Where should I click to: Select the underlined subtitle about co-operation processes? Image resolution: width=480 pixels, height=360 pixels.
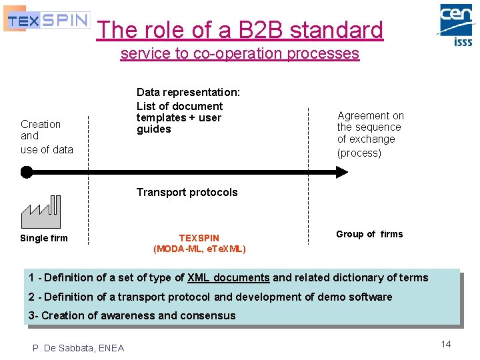[239, 54]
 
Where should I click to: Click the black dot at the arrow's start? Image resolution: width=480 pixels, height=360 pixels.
[26, 172]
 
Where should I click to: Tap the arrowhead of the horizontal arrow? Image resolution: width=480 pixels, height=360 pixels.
[341, 172]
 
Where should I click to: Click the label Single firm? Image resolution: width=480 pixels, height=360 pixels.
[44, 238]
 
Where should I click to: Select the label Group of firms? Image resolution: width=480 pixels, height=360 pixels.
[369, 234]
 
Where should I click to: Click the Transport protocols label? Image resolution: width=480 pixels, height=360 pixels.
[187, 192]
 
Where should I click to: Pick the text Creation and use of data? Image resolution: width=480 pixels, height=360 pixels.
[47, 137]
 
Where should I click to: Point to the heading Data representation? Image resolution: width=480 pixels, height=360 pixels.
[188, 92]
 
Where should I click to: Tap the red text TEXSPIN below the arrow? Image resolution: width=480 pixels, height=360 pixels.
[199, 237]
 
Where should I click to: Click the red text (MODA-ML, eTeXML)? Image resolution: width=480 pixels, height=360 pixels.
[199, 249]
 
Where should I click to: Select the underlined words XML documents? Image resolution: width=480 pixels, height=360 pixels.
[229, 277]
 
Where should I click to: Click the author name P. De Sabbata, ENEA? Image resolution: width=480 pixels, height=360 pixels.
[79, 347]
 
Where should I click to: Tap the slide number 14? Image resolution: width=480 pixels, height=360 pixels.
[445, 344]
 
